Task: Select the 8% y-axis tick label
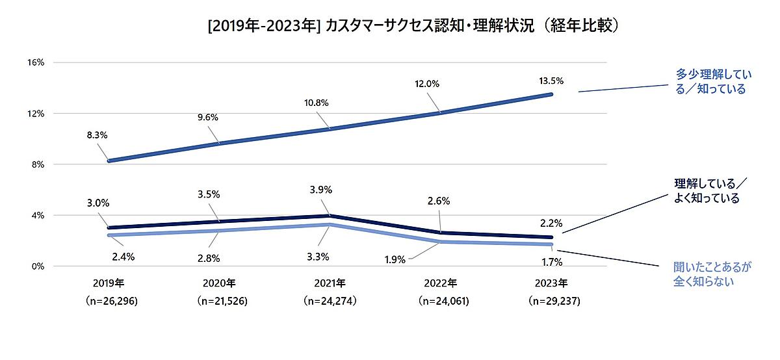[x=36, y=164]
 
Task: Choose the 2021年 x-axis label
[x=331, y=283]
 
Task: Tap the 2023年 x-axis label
[x=552, y=283]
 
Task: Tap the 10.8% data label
[x=317, y=102]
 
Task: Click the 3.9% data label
[x=321, y=190]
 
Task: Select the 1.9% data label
[x=395, y=259]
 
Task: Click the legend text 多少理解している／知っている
[x=709, y=83]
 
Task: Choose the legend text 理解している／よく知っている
[x=709, y=191]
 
